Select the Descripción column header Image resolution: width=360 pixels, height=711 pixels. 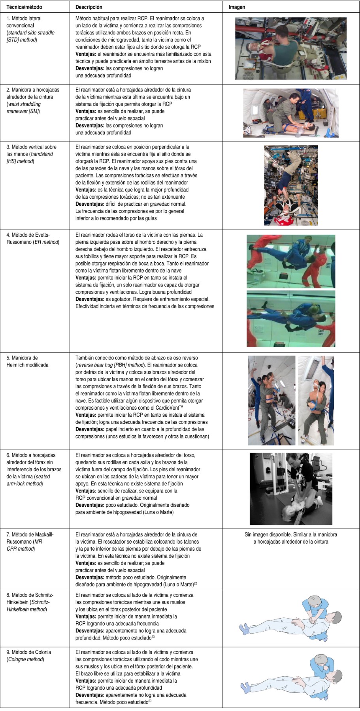(89, 7)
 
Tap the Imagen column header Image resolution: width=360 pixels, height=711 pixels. (237, 7)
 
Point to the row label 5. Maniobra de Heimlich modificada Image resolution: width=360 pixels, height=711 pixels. (27, 361)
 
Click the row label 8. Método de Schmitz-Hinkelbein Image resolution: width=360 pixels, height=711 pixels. (30, 602)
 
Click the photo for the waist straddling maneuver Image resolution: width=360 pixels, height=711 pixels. (291, 113)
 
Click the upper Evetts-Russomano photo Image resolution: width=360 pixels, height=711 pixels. (291, 261)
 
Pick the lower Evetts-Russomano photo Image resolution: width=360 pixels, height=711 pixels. (291, 318)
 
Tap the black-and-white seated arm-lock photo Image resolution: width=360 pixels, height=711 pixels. (291, 488)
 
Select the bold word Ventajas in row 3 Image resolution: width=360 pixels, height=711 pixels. (86, 190)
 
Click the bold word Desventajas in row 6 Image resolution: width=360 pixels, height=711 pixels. (90, 505)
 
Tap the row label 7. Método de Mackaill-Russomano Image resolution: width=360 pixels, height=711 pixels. (30, 541)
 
